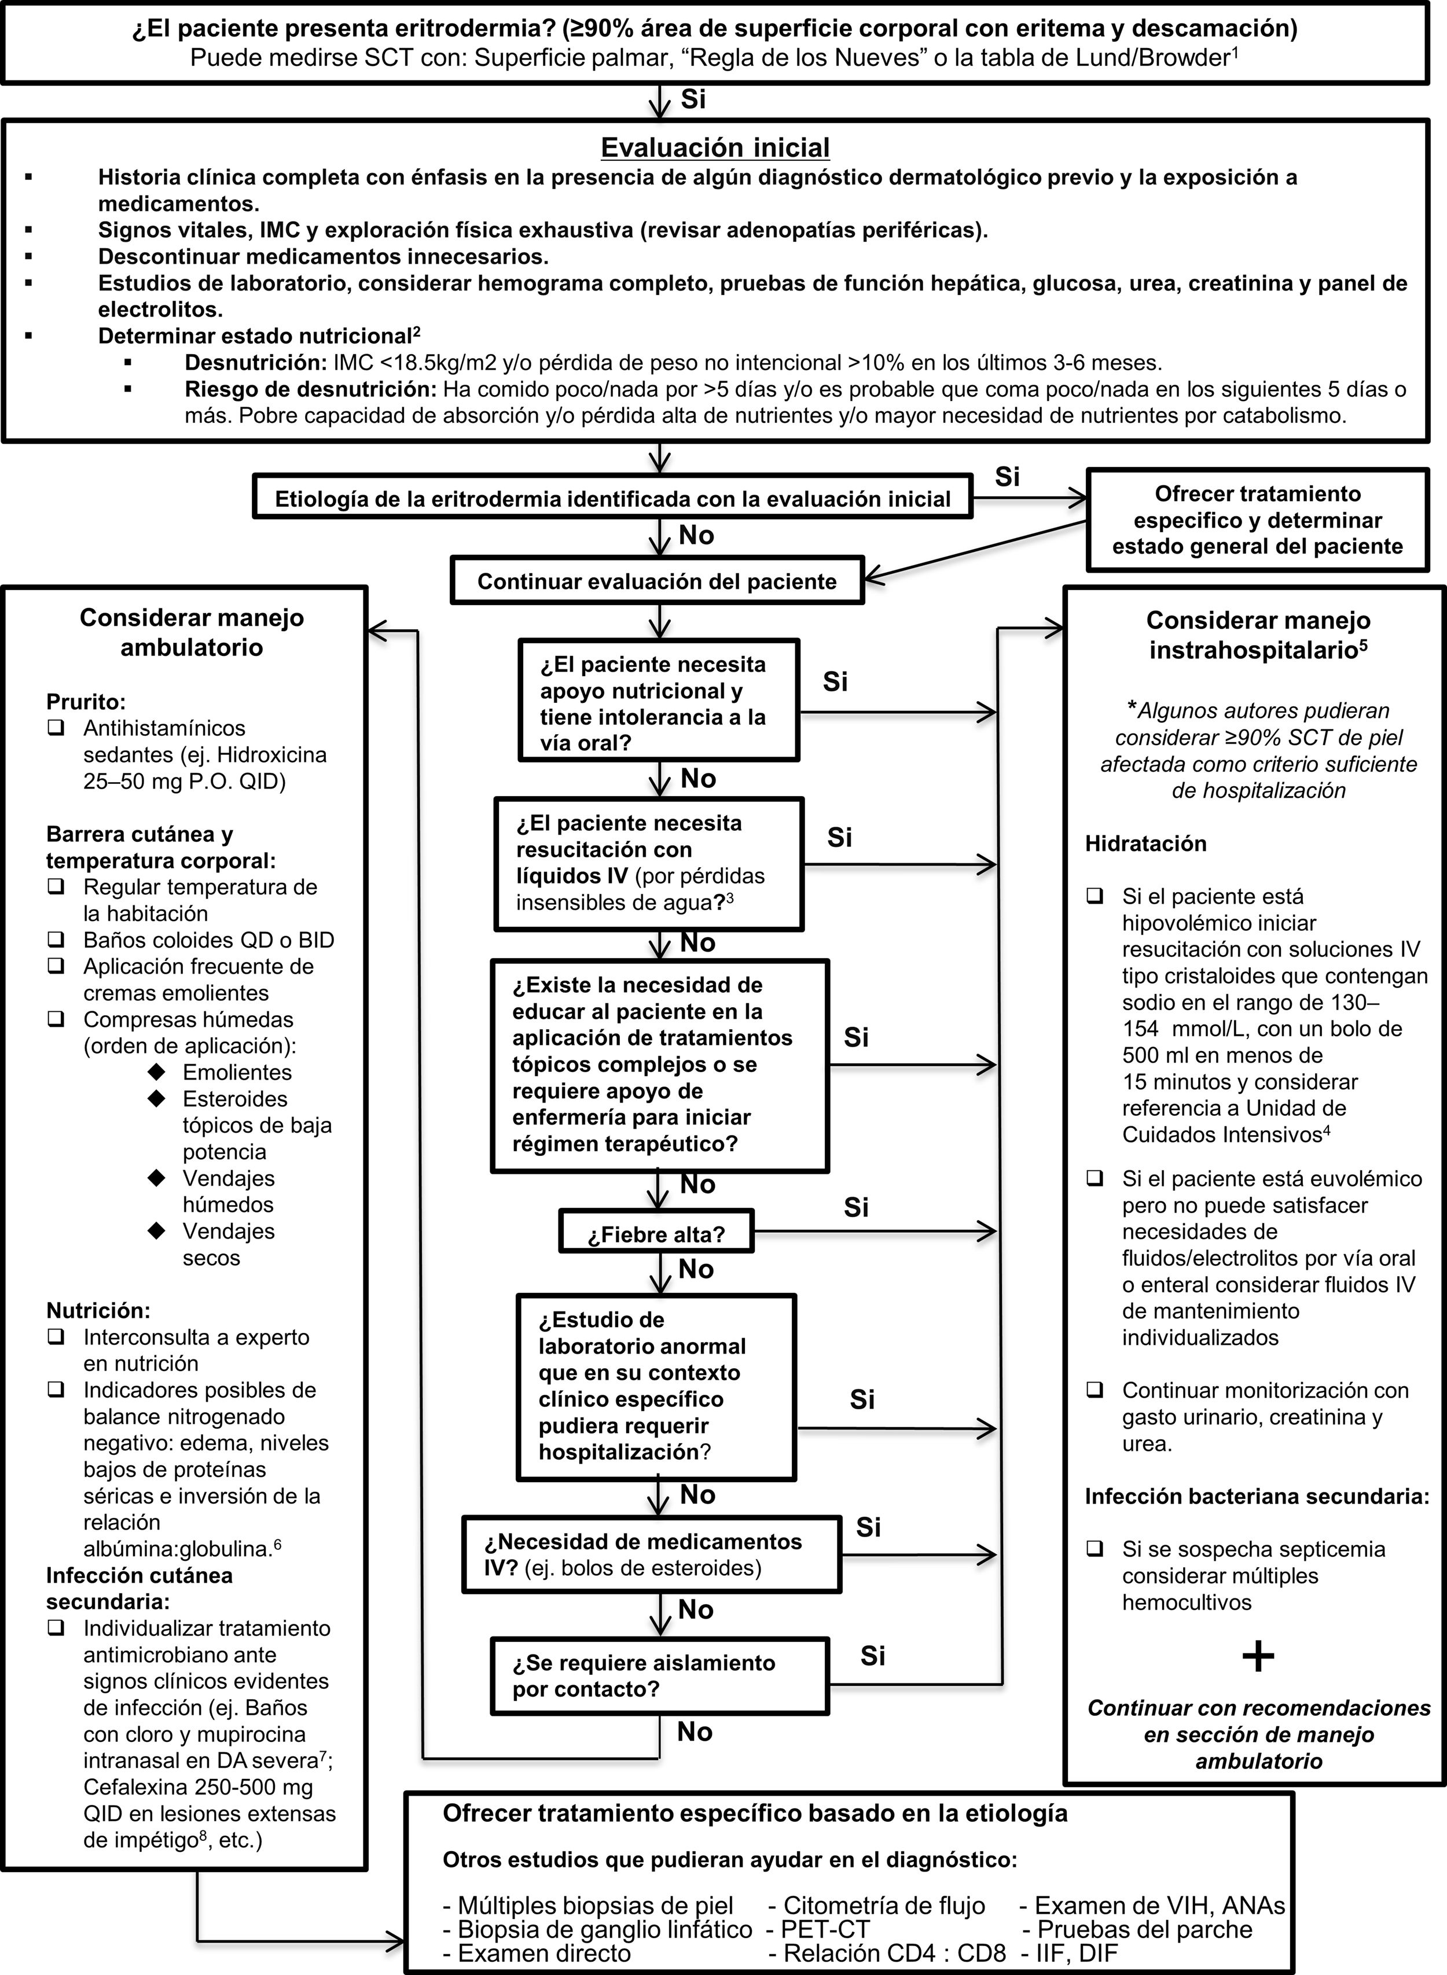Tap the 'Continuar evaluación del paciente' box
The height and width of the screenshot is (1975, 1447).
point(657,581)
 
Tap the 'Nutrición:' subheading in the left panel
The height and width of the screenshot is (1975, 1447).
point(98,1310)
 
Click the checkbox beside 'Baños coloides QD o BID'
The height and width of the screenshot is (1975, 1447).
point(57,939)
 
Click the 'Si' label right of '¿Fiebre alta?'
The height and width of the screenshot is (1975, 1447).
point(856,1207)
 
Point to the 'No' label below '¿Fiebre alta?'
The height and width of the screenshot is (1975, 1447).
point(696,1269)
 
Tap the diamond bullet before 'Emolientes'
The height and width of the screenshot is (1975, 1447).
point(157,1071)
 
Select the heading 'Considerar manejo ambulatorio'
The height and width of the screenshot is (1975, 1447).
point(192,632)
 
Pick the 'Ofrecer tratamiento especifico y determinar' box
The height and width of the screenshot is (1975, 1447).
point(1257,520)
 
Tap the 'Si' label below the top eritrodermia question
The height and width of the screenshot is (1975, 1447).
point(693,99)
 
